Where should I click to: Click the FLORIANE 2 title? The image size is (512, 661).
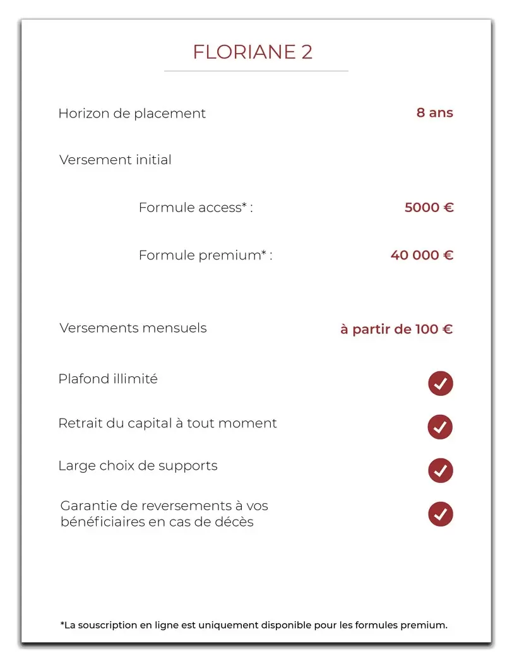[253, 52]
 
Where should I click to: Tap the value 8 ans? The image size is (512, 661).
[434, 113]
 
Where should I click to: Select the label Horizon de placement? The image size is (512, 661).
[132, 114]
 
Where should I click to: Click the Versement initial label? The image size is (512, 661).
[116, 160]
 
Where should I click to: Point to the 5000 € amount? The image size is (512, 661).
[429, 207]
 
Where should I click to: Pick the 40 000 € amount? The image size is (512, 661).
[422, 255]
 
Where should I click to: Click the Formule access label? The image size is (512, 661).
[195, 207]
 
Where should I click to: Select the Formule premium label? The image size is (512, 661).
[205, 255]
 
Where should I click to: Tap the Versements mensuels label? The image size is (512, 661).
[133, 328]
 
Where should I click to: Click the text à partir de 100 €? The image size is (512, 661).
[396, 329]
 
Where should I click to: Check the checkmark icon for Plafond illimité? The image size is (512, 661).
[441, 383]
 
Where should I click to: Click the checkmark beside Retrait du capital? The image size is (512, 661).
[441, 427]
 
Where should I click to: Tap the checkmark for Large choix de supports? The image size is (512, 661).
[441, 470]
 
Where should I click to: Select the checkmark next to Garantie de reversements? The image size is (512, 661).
[441, 514]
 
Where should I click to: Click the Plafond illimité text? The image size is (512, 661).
[108, 379]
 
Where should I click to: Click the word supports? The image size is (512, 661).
[188, 466]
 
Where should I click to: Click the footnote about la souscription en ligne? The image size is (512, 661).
[254, 625]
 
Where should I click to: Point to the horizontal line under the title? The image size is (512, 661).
[256, 71]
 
